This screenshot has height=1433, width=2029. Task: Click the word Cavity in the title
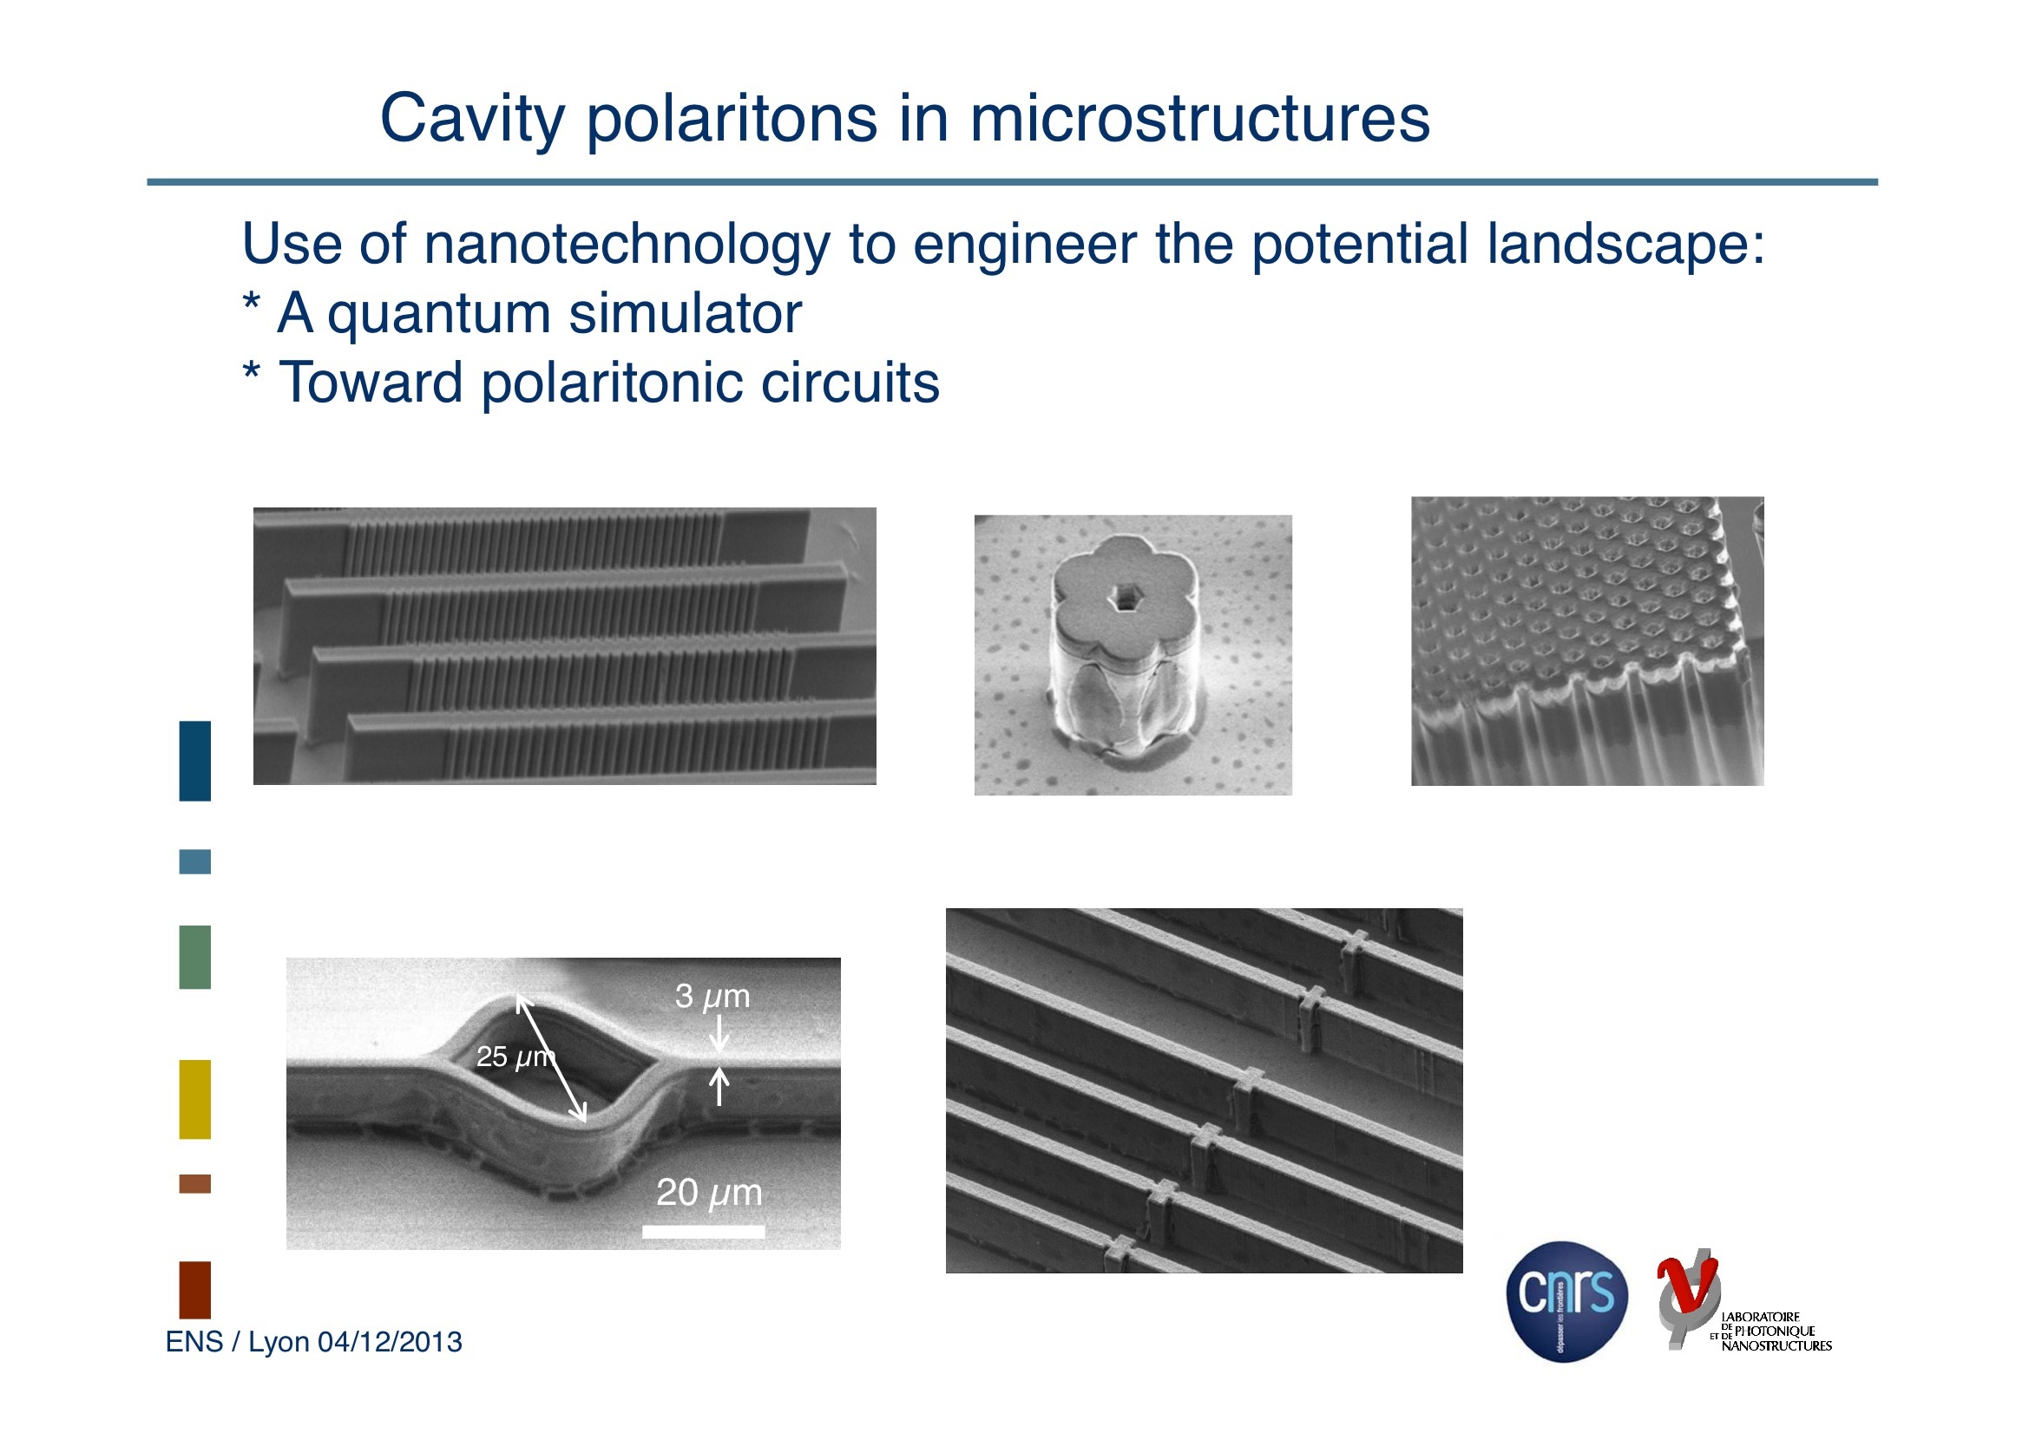472,119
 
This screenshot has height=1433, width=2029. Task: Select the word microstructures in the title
1199,117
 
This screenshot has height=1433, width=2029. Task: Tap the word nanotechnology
627,245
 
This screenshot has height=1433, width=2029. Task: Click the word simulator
685,313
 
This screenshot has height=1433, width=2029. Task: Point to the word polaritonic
611,383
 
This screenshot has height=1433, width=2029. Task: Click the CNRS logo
1566,1300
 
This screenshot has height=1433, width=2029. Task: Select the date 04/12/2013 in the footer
390,1341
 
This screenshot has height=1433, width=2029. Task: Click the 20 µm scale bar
703,1232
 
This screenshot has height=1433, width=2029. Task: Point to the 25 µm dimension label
514,1056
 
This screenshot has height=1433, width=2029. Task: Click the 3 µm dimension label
712,996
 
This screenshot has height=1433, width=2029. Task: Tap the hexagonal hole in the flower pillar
1124,599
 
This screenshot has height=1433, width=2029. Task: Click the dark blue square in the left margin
194,761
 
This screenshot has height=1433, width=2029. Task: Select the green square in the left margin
194,957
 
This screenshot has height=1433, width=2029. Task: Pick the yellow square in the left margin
194,1099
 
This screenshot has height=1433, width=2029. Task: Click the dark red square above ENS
194,1290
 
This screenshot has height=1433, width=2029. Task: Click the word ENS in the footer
194,1341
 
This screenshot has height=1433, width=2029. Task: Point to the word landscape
1625,245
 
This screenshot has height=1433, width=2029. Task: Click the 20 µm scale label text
709,1193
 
